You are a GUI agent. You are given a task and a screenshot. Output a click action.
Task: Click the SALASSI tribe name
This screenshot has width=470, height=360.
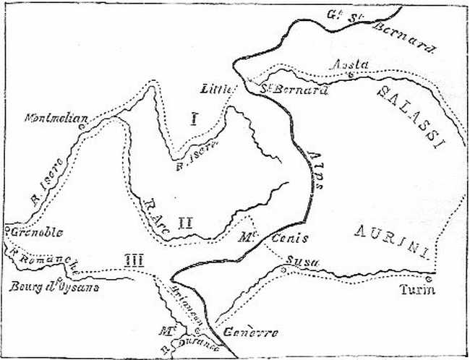pos(409,115)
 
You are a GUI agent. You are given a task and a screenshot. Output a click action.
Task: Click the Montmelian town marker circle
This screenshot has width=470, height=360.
pos(81,127)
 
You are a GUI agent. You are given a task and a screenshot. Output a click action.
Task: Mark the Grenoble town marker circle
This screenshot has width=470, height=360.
pos(6,231)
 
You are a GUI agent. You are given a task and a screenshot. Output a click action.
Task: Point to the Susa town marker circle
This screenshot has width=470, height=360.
pos(283,270)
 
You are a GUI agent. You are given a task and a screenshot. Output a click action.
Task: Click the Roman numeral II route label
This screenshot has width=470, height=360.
pos(184,222)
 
